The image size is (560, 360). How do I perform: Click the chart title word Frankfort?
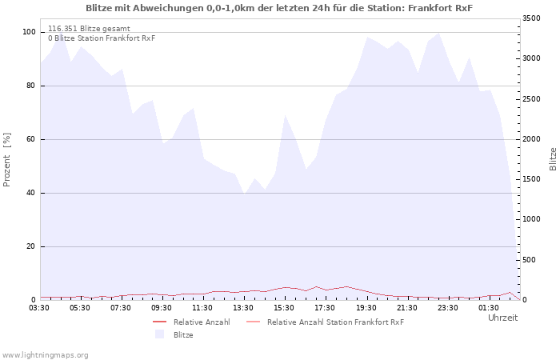(430, 8)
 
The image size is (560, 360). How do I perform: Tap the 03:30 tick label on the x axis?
(39, 308)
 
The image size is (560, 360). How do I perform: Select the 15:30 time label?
(284, 308)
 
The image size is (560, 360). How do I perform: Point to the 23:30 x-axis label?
(447, 308)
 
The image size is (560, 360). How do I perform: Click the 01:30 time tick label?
(488, 308)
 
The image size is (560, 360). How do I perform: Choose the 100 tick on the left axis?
(29, 32)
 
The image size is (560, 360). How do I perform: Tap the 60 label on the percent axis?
(31, 139)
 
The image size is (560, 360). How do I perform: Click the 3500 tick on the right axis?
(531, 18)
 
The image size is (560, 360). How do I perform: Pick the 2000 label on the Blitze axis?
(531, 139)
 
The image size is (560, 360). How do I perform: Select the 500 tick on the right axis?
(534, 260)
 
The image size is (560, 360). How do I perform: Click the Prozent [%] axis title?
(6, 160)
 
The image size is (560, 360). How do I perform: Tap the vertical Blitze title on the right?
(553, 159)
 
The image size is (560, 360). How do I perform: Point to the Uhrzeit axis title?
(503, 318)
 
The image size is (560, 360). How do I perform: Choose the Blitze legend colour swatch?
(160, 334)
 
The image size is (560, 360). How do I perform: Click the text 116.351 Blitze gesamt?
(89, 29)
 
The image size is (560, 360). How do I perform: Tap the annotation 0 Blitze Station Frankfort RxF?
(102, 38)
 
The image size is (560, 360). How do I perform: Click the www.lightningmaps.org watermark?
(45, 355)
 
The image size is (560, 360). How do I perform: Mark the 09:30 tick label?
(162, 308)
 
